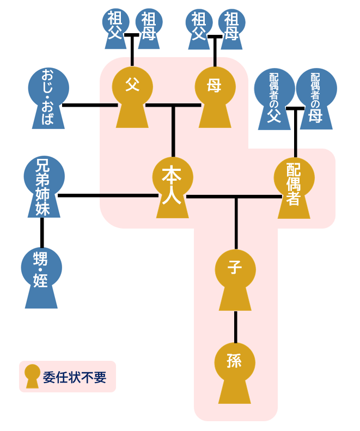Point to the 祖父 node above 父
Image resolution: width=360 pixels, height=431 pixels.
(115, 25)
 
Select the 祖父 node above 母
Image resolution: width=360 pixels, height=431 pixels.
(198, 25)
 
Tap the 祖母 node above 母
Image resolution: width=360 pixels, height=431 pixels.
(231, 25)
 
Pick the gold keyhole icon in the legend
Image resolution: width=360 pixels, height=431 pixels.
(33, 376)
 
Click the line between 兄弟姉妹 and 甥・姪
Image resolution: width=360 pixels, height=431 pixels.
(41, 233)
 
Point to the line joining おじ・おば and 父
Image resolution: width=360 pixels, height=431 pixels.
(90, 104)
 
